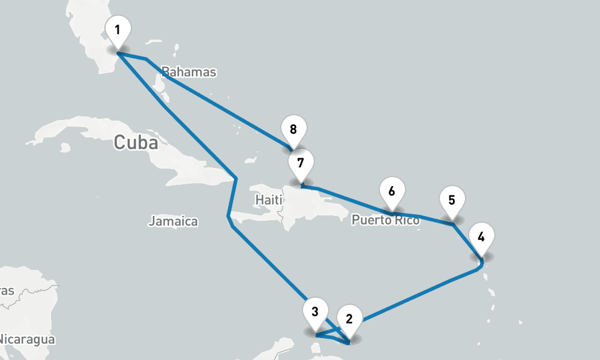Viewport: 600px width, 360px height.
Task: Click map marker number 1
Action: point(118,30)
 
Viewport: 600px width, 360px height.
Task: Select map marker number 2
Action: point(350,318)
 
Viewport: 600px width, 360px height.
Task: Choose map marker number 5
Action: point(452,200)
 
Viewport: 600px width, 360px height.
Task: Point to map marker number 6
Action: point(392,191)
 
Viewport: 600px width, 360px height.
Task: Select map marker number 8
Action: point(293,130)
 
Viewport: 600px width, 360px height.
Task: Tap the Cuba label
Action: point(136,143)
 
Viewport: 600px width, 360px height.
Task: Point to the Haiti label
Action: point(268,199)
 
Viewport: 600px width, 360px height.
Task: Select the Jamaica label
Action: point(173,221)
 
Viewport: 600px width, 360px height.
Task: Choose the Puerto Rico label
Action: point(386,221)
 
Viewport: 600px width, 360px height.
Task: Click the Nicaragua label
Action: point(26,340)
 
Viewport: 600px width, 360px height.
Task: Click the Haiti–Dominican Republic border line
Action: point(284,207)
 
